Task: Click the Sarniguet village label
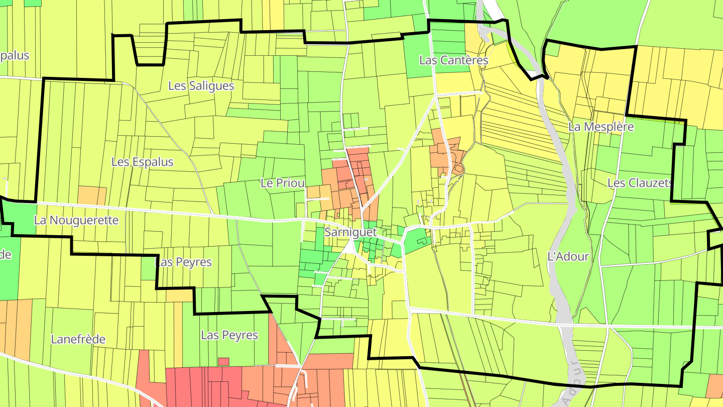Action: pyautogui.click(x=350, y=232)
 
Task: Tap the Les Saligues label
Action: pyautogui.click(x=201, y=85)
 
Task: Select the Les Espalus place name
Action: pyautogui.click(x=142, y=162)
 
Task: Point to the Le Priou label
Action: pyautogui.click(x=283, y=183)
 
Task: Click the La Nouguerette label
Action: pyautogui.click(x=76, y=220)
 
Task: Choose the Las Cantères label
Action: pyautogui.click(x=453, y=60)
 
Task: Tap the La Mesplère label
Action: pyautogui.click(x=601, y=127)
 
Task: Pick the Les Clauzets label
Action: pyautogui.click(x=639, y=183)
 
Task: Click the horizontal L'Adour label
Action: pyautogui.click(x=567, y=256)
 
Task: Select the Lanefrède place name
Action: pyautogui.click(x=78, y=339)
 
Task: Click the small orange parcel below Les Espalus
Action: pyautogui.click(x=92, y=195)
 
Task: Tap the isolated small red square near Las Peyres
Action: pyautogui.click(x=223, y=361)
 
